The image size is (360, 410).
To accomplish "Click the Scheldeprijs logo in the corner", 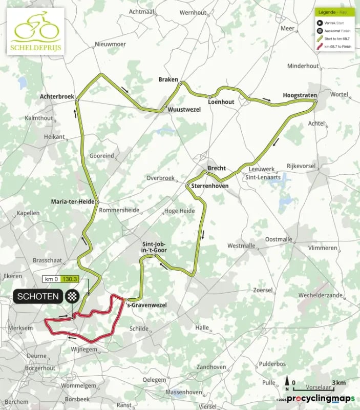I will [x=35, y=30].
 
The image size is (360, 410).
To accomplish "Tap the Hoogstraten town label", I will [x=300, y=96].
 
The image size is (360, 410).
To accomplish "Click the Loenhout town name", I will [x=221, y=102].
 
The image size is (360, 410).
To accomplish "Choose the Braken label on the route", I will [x=168, y=80].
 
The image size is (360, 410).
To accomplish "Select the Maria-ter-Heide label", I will [x=73, y=201].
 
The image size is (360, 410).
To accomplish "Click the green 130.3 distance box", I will [x=69, y=279].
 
